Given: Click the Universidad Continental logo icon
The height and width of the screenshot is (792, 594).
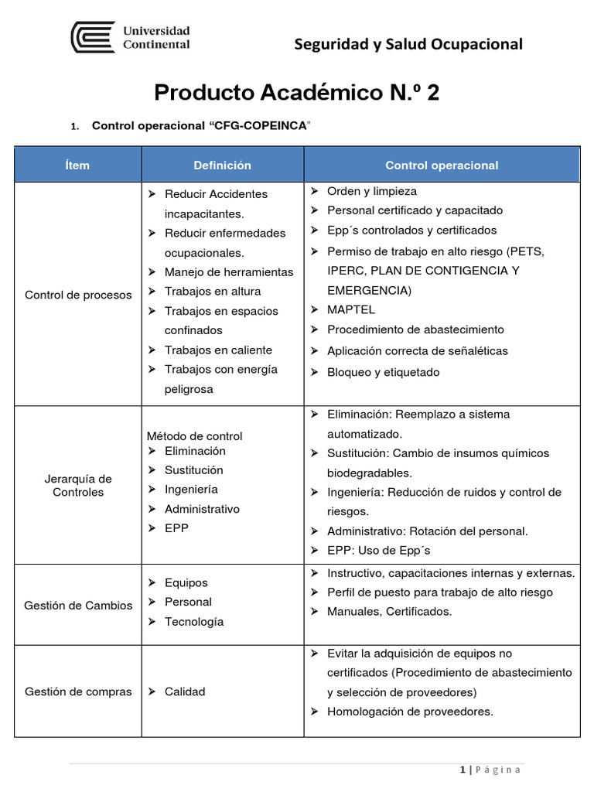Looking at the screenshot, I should (94, 37).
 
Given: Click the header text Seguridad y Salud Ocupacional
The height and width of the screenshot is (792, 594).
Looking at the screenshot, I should (408, 44).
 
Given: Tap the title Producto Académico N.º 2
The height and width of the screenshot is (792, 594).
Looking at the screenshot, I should (297, 93).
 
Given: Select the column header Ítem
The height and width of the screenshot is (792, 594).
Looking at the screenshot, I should (77, 165).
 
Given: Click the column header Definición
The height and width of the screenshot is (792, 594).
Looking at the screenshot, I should (223, 165).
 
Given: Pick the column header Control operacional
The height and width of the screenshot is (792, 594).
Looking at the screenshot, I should (442, 165).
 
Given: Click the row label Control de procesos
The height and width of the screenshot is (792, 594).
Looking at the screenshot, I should (78, 295).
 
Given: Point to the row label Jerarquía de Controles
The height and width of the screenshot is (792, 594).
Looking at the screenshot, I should (78, 485).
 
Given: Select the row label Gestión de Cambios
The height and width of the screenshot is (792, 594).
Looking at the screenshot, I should (78, 605).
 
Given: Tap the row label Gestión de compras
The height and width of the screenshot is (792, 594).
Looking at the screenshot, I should (78, 691).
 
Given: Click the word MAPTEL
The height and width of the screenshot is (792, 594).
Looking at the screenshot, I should (351, 309).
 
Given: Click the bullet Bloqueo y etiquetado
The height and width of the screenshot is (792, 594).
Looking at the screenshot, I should (383, 372).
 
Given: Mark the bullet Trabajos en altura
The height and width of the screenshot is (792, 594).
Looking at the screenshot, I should (213, 292).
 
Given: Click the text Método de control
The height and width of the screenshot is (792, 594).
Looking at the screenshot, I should (193, 435).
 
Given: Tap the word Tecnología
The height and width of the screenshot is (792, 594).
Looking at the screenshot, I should (194, 622).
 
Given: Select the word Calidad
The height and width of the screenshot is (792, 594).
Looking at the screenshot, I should (185, 691).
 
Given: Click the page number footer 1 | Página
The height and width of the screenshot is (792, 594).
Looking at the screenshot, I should (490, 770).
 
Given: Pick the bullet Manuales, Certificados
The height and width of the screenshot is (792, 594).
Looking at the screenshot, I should (390, 611).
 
